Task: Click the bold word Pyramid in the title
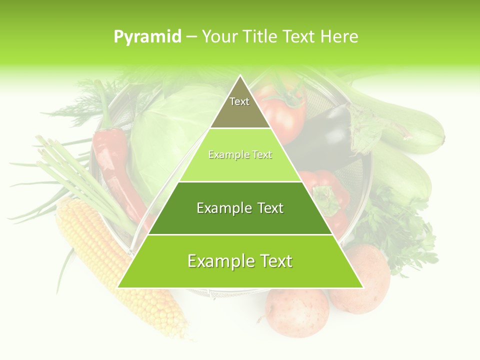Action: [147, 37]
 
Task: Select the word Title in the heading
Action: [261, 36]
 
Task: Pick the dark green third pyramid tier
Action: [240, 208]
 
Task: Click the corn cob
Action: [115, 265]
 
